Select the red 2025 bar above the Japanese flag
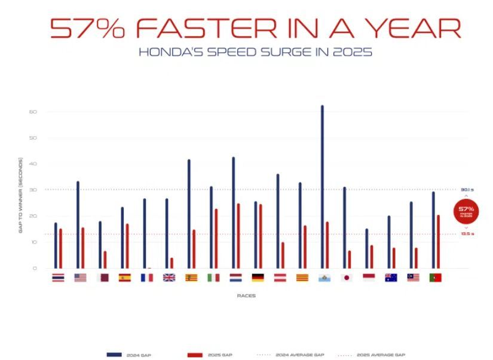click(350, 260)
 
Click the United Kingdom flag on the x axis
click(169, 278)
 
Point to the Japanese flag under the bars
click(347, 278)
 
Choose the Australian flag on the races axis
click(391, 278)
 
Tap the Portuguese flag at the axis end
click(436, 278)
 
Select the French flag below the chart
click(147, 278)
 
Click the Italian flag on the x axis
click(213, 278)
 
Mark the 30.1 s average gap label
click(467, 190)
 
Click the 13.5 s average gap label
click(467, 234)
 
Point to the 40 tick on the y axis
click(33, 164)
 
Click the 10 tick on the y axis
click(33, 242)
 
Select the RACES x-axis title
click(246, 296)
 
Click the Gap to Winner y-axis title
click(20, 195)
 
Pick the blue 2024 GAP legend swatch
click(114, 355)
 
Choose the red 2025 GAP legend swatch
click(195, 355)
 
